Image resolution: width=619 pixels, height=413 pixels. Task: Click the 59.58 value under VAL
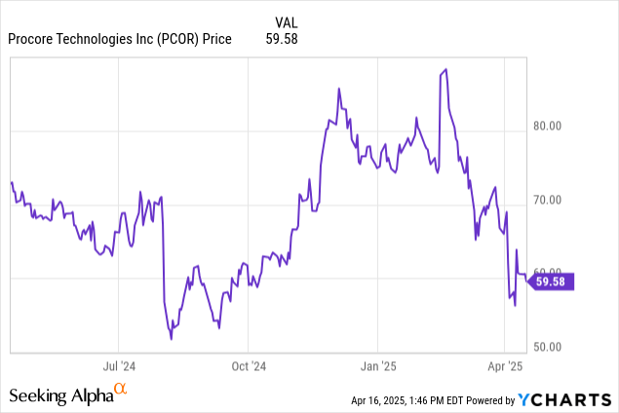[282, 39]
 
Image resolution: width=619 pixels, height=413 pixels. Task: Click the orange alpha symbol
[121, 390]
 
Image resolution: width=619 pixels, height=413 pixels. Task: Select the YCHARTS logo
[565, 398]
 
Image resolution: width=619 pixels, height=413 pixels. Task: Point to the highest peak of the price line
[445, 70]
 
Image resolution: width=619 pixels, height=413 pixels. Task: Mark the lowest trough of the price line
[172, 339]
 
